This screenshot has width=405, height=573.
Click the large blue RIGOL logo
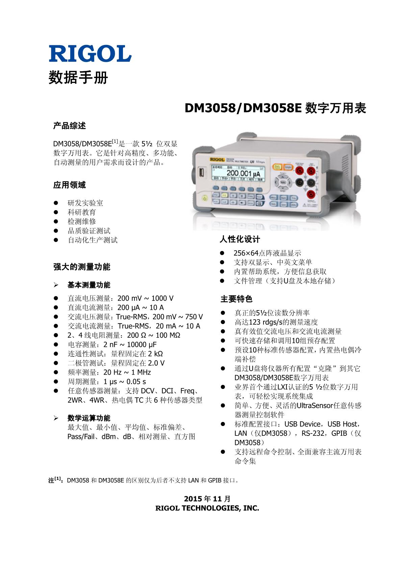(x=90, y=53)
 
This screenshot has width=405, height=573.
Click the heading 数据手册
(x=78, y=78)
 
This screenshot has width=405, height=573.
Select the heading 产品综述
(x=70, y=126)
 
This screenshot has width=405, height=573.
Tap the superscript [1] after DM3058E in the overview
(x=115, y=141)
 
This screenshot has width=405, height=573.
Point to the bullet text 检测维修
(x=82, y=222)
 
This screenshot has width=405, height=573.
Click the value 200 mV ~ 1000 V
(x=146, y=298)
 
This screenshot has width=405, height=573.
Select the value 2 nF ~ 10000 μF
(x=130, y=345)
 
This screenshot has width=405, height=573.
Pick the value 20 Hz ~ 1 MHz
(x=127, y=372)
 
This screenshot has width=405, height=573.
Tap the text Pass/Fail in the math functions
(x=80, y=437)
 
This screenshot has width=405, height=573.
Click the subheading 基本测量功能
(x=89, y=285)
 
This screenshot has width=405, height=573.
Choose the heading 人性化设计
(x=240, y=240)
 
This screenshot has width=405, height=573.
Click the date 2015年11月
(x=207, y=499)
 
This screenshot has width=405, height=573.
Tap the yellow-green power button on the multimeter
(x=204, y=198)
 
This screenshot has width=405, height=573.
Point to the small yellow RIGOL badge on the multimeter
(x=217, y=159)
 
